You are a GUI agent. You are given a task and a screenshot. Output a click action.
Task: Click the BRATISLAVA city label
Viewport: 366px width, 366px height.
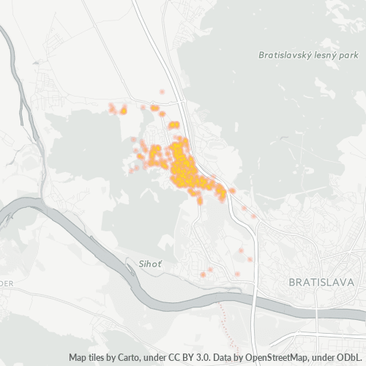click(321, 282)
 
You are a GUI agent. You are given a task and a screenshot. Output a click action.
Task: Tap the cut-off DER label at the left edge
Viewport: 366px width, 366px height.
click(6, 283)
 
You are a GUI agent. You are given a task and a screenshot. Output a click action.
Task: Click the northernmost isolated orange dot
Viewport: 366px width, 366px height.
click(162, 91)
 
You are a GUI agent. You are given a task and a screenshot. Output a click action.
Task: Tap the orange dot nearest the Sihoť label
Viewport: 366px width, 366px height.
click(203, 274)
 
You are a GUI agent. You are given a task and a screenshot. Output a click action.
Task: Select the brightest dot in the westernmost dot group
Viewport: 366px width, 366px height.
click(123, 111)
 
